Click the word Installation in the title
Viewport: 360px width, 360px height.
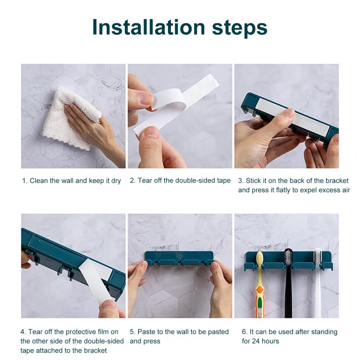pos(148,27)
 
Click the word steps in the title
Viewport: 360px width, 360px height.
pos(240,28)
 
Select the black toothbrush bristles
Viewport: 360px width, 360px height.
pos(288,256)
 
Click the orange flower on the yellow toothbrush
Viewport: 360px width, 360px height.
pos(260,290)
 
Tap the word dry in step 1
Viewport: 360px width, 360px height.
pos(116,181)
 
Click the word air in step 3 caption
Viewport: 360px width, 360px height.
pos(346,190)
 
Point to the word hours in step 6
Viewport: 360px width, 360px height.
pos(271,341)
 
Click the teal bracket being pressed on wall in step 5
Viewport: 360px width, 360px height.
pos(179,259)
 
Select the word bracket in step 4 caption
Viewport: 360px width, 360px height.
pos(96,351)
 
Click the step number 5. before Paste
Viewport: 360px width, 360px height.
pos(133,332)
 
